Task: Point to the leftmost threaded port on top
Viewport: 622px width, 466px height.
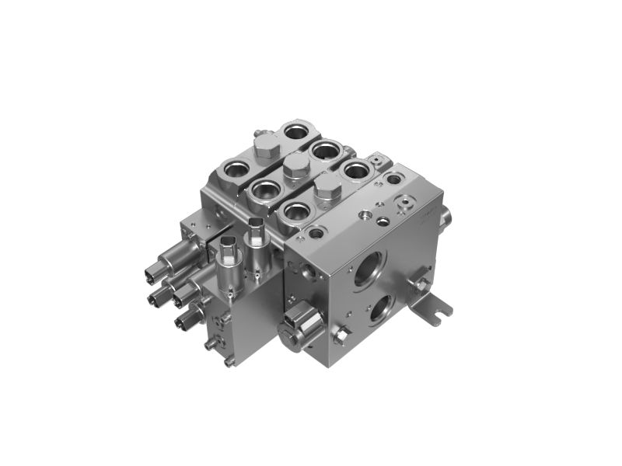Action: pyautogui.click(x=234, y=167)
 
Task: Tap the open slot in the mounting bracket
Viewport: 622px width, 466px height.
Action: pyautogui.click(x=443, y=311)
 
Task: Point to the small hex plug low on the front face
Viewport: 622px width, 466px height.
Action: pyautogui.click(x=340, y=336)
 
